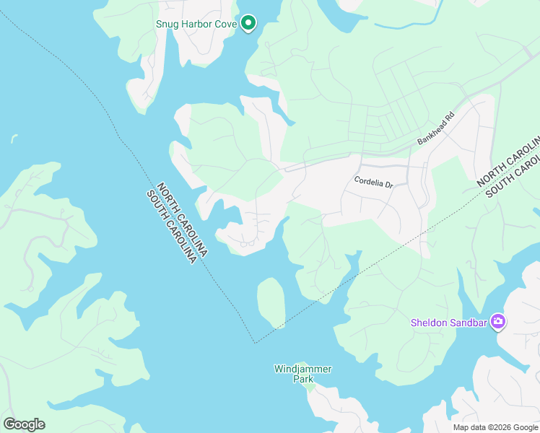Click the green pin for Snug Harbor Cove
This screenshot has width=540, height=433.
click(248, 23)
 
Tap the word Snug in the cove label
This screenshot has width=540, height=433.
click(168, 24)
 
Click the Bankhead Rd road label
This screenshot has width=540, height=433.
click(435, 129)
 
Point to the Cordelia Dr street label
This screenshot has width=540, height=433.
click(373, 183)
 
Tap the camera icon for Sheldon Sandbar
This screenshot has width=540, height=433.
click(497, 322)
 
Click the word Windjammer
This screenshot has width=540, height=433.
click(302, 369)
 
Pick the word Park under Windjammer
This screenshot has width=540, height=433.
click(302, 378)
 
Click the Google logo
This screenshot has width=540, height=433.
click(25, 424)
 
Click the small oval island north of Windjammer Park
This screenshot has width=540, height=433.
click(271, 302)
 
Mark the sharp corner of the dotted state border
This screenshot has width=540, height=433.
click(255, 343)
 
